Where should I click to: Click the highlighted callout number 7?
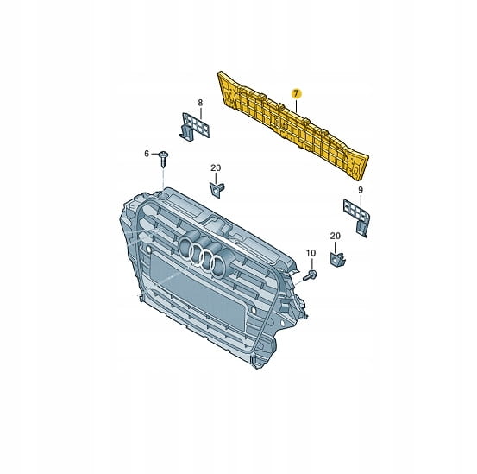pos(296,93)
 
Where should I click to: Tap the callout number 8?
pos(200,103)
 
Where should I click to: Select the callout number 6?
pos(147,154)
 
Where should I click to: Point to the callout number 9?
pos(361,190)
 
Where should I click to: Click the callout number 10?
pos(311,253)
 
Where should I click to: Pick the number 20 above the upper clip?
pos(216,167)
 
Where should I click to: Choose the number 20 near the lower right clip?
pos(336,236)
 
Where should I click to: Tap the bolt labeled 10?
pos(311,275)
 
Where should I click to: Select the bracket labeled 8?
pos(195,127)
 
